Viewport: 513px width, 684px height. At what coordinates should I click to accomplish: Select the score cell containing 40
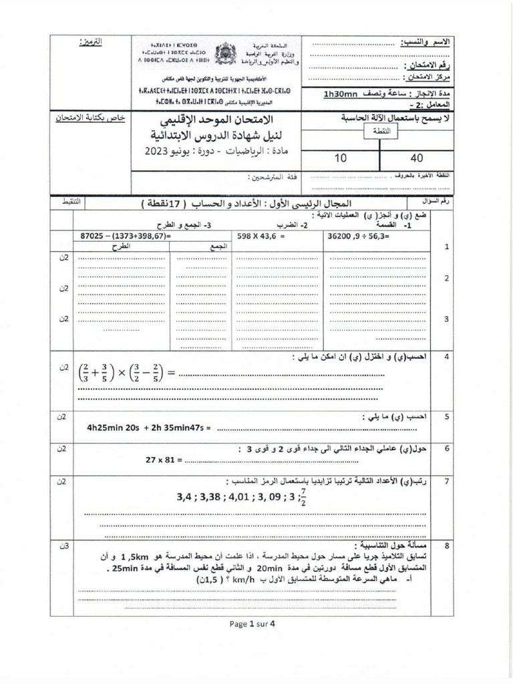point(417,158)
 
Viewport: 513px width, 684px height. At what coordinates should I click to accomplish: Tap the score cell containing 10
point(341,158)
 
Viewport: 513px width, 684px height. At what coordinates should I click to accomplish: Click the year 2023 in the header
point(158,152)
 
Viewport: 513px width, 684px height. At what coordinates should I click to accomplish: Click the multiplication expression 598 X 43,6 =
point(261,236)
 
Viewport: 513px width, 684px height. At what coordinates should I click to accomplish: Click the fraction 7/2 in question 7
point(303,497)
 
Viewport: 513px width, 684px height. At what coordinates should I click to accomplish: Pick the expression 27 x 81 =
point(163,460)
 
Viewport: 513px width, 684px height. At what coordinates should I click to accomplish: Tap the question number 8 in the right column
point(446,546)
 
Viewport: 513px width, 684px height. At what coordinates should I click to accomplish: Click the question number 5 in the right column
point(446,416)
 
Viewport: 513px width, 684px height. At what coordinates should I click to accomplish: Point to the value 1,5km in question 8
point(391,556)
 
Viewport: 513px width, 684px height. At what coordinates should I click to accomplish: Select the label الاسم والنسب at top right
point(425,42)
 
